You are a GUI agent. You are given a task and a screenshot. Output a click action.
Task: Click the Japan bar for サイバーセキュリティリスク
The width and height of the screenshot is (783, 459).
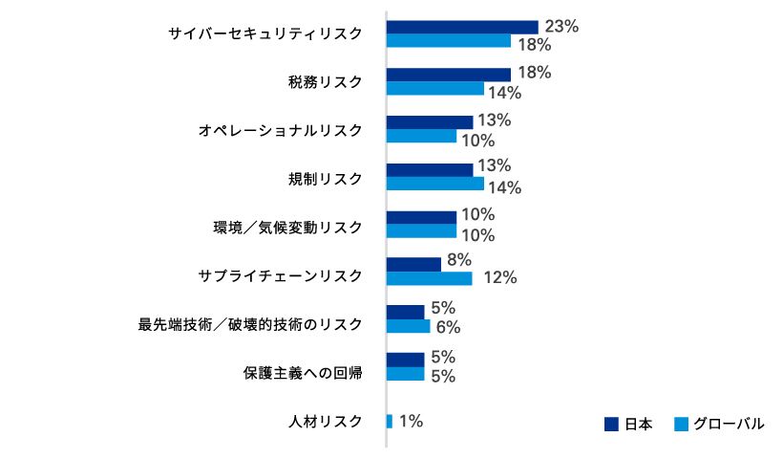(462, 27)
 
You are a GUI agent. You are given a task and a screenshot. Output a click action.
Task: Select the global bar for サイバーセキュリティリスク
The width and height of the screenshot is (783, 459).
(449, 41)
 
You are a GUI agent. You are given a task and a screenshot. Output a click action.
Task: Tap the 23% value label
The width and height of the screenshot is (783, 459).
(561, 27)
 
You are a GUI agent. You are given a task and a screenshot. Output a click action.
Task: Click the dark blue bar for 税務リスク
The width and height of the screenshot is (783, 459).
(449, 74)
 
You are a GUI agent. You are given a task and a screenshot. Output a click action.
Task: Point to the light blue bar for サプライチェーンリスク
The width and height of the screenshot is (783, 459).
(429, 278)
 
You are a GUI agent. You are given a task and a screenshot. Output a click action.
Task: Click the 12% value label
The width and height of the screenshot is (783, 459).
(500, 278)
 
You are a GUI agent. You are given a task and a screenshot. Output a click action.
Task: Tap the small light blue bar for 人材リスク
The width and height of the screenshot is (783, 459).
(390, 421)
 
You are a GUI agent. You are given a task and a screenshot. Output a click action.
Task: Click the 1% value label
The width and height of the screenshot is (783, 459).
(411, 421)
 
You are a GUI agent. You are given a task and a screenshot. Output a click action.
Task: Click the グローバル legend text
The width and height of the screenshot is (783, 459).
(729, 424)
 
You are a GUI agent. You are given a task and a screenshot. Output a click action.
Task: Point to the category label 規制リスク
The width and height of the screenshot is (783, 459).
(326, 179)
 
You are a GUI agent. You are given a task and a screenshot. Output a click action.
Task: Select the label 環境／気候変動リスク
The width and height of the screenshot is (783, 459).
(287, 228)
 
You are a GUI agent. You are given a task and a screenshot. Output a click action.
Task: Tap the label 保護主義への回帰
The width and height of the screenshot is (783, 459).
(302, 373)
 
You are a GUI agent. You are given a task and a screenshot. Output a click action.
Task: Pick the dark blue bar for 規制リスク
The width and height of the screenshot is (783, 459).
(429, 169)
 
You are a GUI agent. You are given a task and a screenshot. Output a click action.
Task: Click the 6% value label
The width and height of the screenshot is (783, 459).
(448, 327)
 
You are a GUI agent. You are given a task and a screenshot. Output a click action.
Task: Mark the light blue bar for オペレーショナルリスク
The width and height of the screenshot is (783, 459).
(421, 136)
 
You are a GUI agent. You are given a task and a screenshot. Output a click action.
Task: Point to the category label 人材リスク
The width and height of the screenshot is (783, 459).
(326, 421)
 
